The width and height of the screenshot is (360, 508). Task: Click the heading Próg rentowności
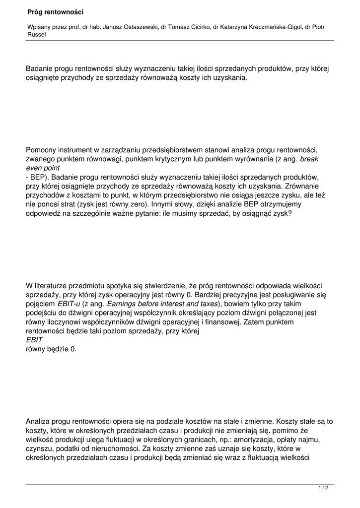point(56,11)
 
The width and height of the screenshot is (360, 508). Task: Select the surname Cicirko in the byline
point(197,27)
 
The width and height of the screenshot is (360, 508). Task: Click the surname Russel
point(36,35)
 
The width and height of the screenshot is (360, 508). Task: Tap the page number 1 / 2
point(323,488)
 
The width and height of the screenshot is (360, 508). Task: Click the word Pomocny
point(41,150)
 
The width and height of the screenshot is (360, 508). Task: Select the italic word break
point(309,159)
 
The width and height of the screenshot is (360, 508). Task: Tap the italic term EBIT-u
point(69,304)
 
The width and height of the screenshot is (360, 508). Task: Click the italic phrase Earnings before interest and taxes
point(162,304)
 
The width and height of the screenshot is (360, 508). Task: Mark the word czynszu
point(38,448)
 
